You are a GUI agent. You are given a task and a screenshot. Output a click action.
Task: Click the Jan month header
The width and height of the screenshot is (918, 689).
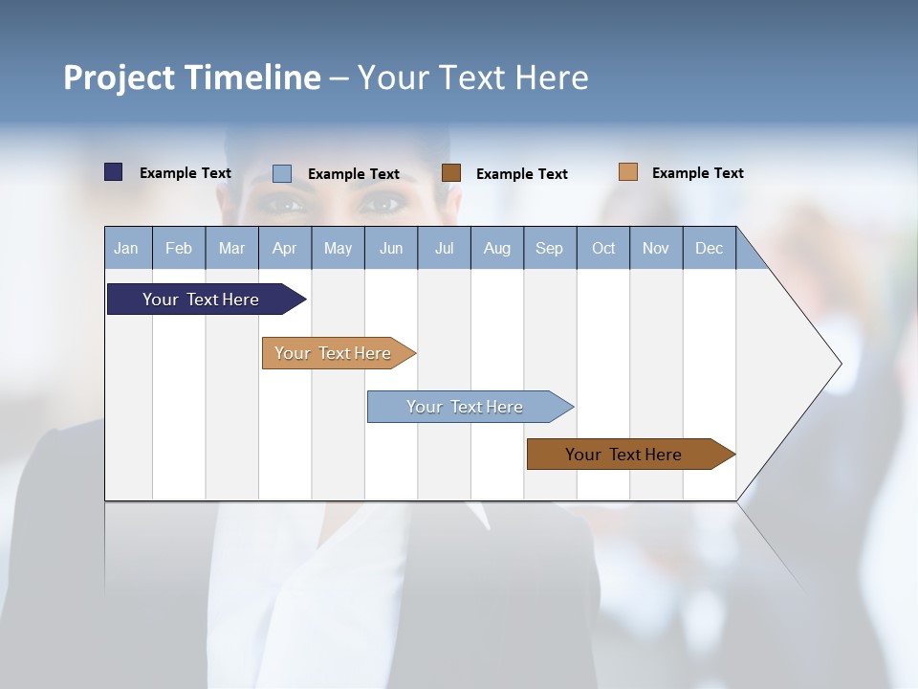(127, 248)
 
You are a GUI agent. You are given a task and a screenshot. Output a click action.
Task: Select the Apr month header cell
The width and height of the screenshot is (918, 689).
(284, 248)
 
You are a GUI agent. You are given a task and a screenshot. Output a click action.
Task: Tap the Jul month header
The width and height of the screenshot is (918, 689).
(444, 248)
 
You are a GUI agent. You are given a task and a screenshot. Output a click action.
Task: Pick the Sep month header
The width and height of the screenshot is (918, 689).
(549, 248)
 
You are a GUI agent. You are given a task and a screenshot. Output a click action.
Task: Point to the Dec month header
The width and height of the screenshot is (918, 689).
(709, 248)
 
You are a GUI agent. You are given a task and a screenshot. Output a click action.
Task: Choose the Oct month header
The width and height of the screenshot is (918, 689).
(603, 248)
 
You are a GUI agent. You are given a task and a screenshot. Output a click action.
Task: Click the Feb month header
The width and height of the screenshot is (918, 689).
(179, 248)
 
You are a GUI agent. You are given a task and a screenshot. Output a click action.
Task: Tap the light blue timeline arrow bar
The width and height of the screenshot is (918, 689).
(466, 407)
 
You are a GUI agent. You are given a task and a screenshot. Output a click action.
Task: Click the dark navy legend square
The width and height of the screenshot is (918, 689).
(113, 172)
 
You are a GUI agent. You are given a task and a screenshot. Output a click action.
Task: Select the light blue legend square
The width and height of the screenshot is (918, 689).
(282, 173)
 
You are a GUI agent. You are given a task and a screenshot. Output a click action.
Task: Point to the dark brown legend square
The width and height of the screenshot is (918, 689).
(451, 172)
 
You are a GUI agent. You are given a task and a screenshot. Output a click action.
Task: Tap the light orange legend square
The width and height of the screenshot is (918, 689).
(627, 171)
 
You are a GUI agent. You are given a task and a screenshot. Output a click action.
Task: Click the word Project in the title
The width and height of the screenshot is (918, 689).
(117, 78)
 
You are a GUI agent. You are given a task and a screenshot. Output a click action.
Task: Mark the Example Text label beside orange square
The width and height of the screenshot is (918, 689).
(697, 173)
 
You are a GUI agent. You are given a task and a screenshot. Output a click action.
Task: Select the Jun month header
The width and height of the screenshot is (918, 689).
(391, 248)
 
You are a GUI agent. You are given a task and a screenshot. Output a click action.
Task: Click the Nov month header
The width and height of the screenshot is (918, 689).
(656, 248)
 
